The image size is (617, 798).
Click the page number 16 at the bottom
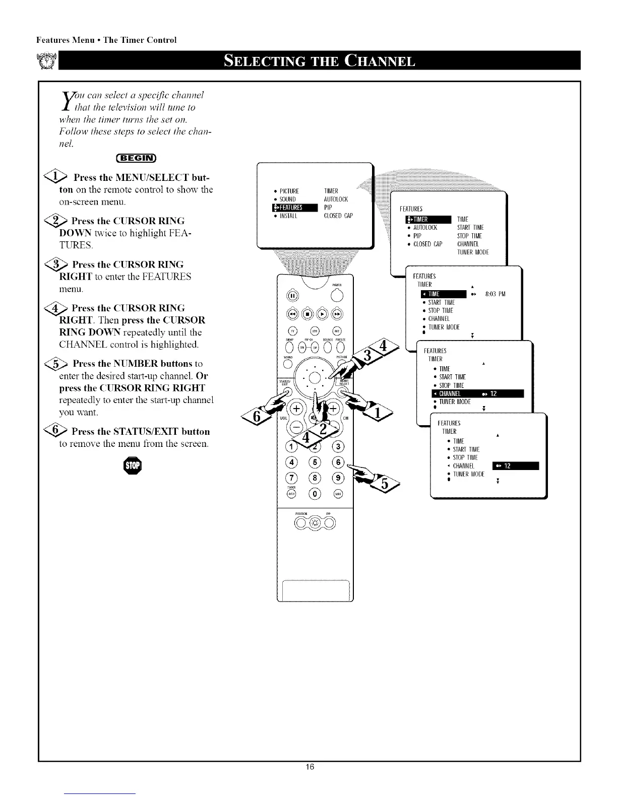pos(310,781)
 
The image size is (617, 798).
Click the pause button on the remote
pos(292,295)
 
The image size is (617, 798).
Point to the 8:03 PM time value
pos(495,294)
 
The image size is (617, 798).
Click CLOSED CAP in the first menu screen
pos(338,216)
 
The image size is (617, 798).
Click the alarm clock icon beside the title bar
pos(49,61)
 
